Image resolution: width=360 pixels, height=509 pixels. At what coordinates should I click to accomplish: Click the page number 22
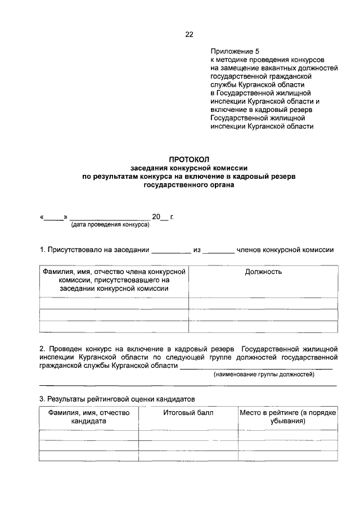pyautogui.click(x=189, y=35)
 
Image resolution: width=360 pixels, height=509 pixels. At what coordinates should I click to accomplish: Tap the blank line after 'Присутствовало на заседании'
pyautogui.click(x=172, y=250)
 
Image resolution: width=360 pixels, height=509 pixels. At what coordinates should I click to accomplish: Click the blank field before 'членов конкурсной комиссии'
pyautogui.click(x=218, y=250)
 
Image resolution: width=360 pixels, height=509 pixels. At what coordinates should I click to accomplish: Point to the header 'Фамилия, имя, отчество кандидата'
pyautogui.click(x=89, y=416)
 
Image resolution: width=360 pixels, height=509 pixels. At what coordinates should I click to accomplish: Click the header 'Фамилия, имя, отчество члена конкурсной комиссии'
pyautogui.click(x=114, y=280)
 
